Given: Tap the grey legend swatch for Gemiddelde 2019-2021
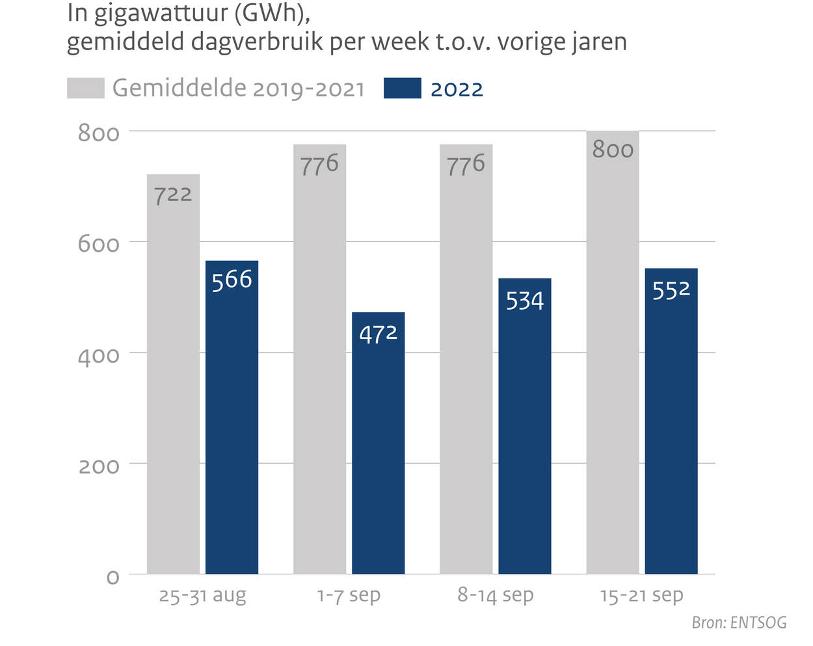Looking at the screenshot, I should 85,88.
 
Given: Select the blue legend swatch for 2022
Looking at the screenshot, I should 402,88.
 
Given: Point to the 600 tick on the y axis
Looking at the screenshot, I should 98,244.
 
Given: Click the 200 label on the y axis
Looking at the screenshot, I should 98,466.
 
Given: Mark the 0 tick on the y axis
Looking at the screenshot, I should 113,577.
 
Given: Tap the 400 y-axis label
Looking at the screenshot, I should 98,355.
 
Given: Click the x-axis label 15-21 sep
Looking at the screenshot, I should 641,595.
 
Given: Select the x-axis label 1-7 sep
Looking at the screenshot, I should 349,595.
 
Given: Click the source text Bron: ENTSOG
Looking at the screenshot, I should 739,623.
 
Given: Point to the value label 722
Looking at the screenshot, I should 173,195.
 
